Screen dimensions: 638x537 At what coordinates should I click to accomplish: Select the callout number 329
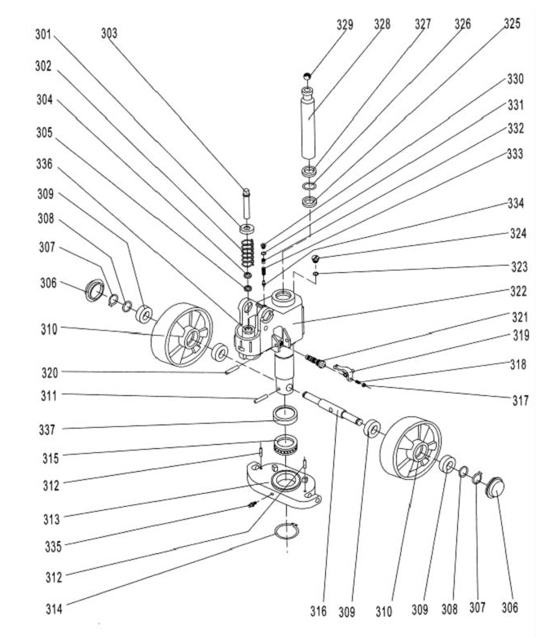click(346, 24)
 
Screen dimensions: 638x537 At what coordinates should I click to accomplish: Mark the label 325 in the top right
click(511, 24)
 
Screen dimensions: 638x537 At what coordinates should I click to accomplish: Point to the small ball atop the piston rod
click(306, 76)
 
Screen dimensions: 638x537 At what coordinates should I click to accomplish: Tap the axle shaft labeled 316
click(334, 409)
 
